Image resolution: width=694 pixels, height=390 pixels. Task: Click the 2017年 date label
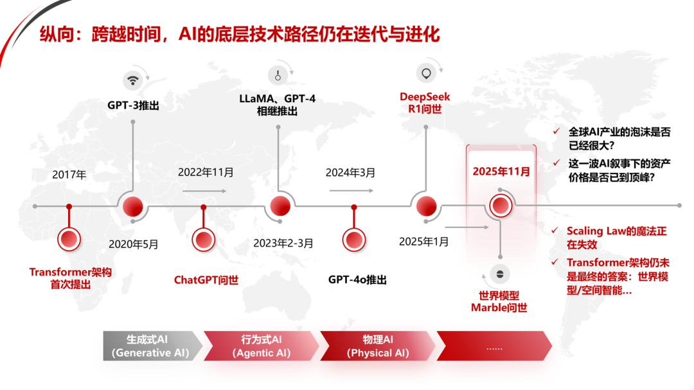pos(69,175)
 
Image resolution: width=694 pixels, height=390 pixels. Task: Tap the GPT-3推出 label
pos(133,105)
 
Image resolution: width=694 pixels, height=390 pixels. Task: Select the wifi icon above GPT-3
pos(133,80)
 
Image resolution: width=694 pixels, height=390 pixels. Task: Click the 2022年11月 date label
pos(206,172)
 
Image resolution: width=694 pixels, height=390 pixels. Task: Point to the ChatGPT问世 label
pos(206,279)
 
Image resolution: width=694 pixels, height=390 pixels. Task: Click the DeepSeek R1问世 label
pos(425,103)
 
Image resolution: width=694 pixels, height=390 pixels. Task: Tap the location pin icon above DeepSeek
pos(426,73)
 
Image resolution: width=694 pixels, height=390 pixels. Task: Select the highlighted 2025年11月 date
pos(501,172)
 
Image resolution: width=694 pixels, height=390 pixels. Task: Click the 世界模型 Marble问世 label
pos(499,301)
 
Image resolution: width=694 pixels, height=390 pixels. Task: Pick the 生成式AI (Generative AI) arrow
pos(152,346)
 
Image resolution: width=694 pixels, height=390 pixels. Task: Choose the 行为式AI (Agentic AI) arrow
pos(261,346)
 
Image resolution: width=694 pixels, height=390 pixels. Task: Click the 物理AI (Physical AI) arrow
pos(378,346)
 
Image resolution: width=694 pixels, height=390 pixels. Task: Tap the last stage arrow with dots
pos(494,346)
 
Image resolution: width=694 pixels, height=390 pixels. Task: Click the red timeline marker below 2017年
pos(69,239)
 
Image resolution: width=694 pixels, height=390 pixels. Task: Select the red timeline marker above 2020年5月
pos(133,207)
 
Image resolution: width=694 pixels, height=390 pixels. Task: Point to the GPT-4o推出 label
pos(358,279)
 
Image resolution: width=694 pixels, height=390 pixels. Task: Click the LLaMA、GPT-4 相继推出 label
pos(278,105)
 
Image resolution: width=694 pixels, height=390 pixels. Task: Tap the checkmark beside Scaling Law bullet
pos(555,230)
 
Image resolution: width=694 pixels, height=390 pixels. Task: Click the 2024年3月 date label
pos(351,173)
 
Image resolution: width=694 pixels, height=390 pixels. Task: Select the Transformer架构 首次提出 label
pos(71,278)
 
